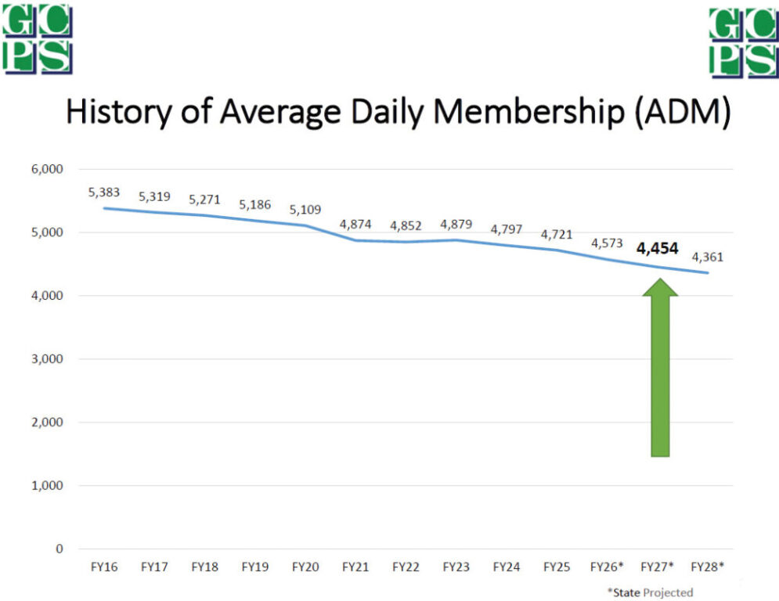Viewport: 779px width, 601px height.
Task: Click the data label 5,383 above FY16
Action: (104, 192)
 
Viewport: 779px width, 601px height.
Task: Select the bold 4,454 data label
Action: (657, 249)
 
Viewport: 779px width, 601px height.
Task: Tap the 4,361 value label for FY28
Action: (707, 256)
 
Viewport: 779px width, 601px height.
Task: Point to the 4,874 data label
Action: (355, 224)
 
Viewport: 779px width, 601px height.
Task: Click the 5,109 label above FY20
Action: (305, 210)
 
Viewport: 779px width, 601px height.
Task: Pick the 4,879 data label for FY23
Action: (456, 225)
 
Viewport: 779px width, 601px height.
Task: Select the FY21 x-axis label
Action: (355, 566)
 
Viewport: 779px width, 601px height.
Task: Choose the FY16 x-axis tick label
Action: (103, 566)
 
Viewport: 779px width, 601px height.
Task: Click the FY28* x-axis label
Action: (707, 566)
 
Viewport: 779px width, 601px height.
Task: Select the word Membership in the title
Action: (509, 112)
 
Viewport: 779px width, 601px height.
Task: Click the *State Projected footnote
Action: (650, 592)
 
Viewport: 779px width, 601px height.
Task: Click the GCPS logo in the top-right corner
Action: (743, 43)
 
